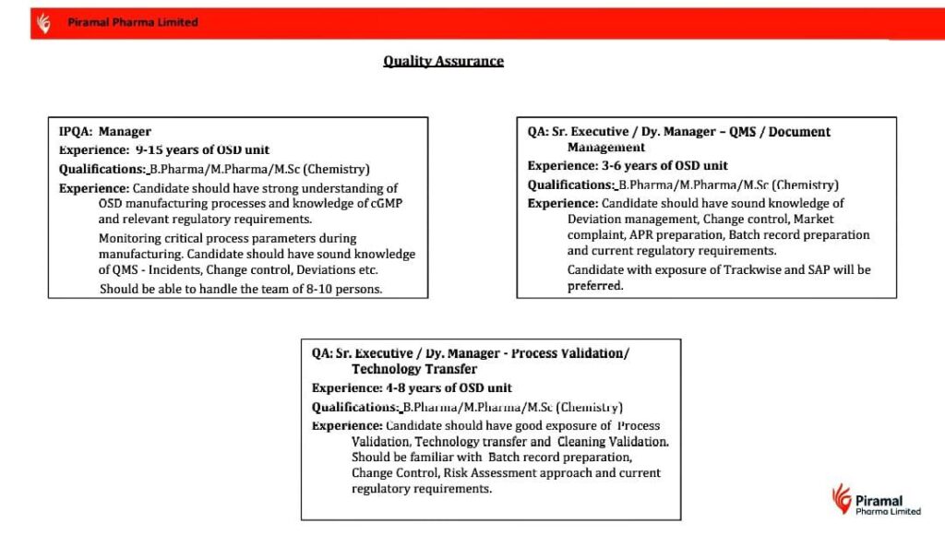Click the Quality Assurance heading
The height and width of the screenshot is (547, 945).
(443, 62)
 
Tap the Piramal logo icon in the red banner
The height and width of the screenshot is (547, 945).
(43, 22)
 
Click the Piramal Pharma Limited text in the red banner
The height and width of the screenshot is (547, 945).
(132, 22)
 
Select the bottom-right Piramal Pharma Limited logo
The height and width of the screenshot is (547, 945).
(876, 500)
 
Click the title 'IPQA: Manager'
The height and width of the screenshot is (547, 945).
(105, 132)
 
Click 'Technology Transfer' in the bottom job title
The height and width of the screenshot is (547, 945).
(414, 369)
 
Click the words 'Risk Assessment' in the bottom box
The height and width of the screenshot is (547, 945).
(484, 473)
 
